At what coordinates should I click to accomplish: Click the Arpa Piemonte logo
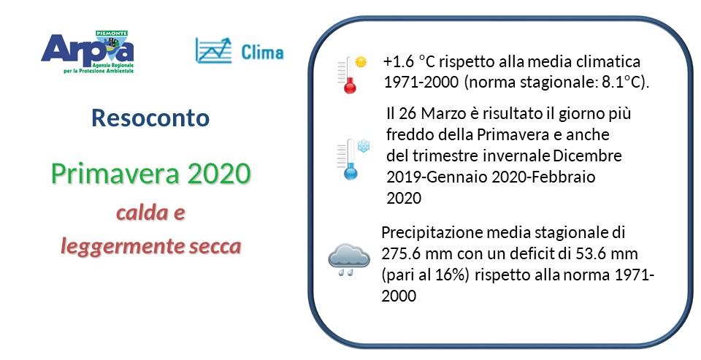point(88,51)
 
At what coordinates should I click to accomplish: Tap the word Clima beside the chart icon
point(262,52)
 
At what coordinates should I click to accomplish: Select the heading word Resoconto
point(150,118)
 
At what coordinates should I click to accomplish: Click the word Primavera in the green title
point(116,174)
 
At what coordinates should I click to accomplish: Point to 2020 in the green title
point(219,174)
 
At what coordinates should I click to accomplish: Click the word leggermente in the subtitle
point(117,247)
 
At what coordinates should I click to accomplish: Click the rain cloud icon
point(348,258)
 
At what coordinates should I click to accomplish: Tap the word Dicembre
point(587,156)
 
